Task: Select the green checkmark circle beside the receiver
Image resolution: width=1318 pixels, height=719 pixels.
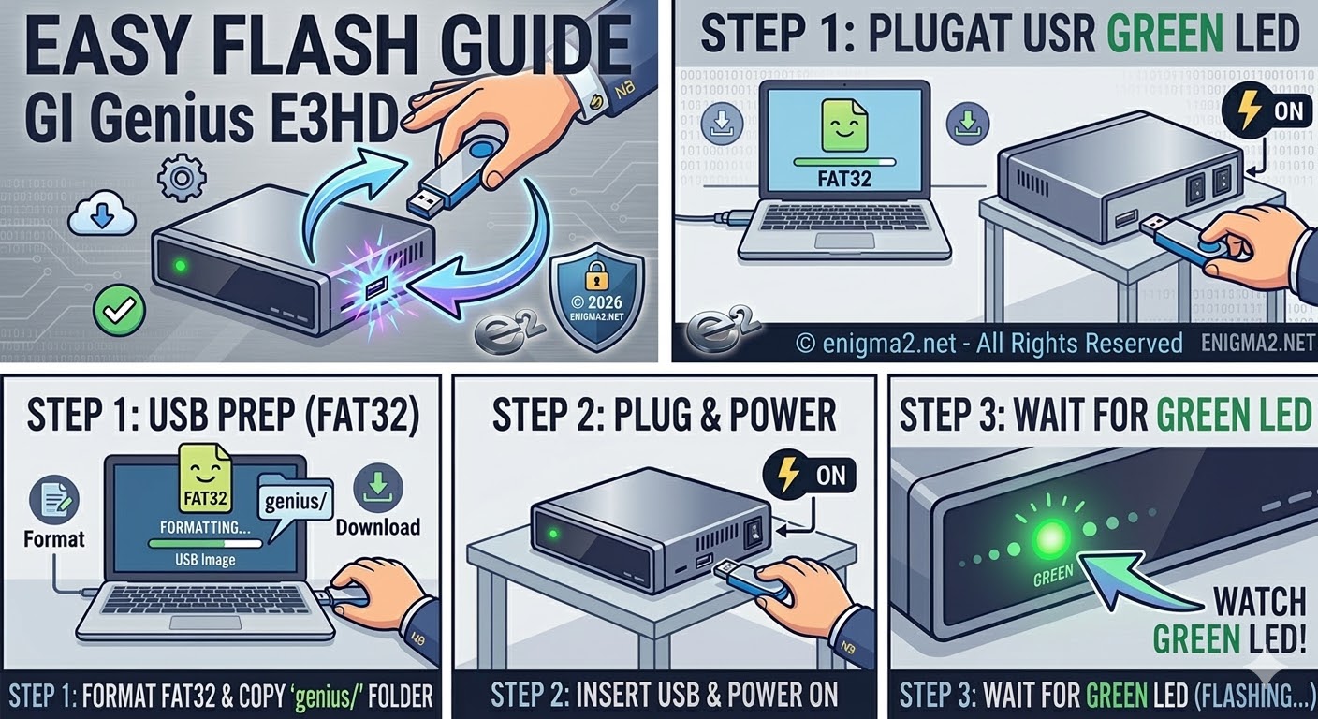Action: [x=120, y=310]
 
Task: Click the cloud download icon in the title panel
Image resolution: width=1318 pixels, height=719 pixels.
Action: [x=102, y=216]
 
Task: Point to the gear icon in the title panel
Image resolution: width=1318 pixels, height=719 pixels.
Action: [x=182, y=178]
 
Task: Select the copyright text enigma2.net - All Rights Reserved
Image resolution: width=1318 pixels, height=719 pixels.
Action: [x=988, y=344]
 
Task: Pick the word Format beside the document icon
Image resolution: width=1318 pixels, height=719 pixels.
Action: [x=54, y=538]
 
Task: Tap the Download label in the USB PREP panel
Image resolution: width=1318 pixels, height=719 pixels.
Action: [x=378, y=526]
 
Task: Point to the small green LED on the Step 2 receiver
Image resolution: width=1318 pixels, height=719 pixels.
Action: [x=553, y=535]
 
